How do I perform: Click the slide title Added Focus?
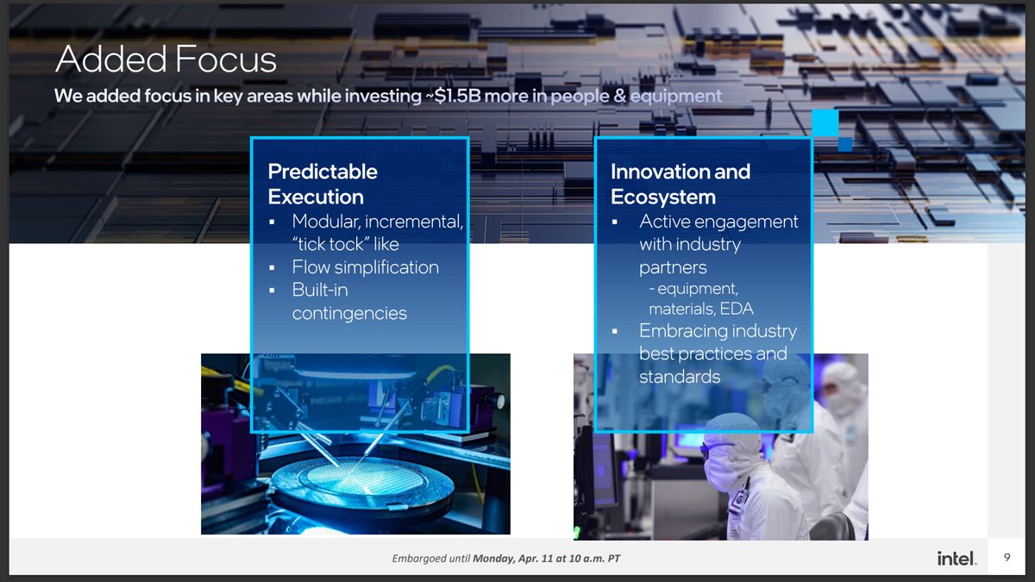pos(166,59)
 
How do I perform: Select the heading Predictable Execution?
pos(323,184)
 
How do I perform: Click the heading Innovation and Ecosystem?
pos(680,184)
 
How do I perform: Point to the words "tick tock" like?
pos(345,244)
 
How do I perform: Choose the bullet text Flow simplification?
pos(365,267)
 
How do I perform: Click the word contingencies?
pos(349,313)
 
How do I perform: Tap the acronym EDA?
pos(737,309)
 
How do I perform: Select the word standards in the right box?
pos(679,377)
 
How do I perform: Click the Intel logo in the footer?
pos(957,559)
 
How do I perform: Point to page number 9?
pos(1007,558)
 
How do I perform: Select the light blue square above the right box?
pos(825,122)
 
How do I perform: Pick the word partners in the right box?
pos(673,267)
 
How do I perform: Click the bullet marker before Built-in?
pos(273,291)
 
